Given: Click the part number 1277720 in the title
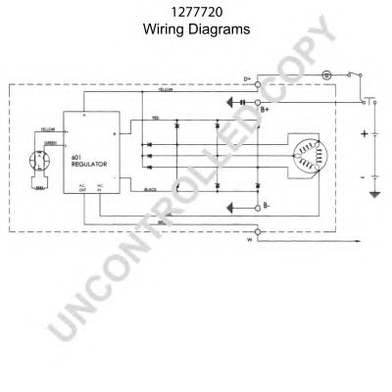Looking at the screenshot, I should tap(195, 13).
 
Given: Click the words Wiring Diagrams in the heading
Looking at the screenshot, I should tap(195, 29).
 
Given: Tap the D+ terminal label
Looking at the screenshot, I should tap(248, 78).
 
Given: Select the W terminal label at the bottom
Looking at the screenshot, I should tap(248, 238).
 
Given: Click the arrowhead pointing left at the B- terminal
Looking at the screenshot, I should tap(230, 207).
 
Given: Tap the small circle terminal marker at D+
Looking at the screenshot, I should tap(258, 84).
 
